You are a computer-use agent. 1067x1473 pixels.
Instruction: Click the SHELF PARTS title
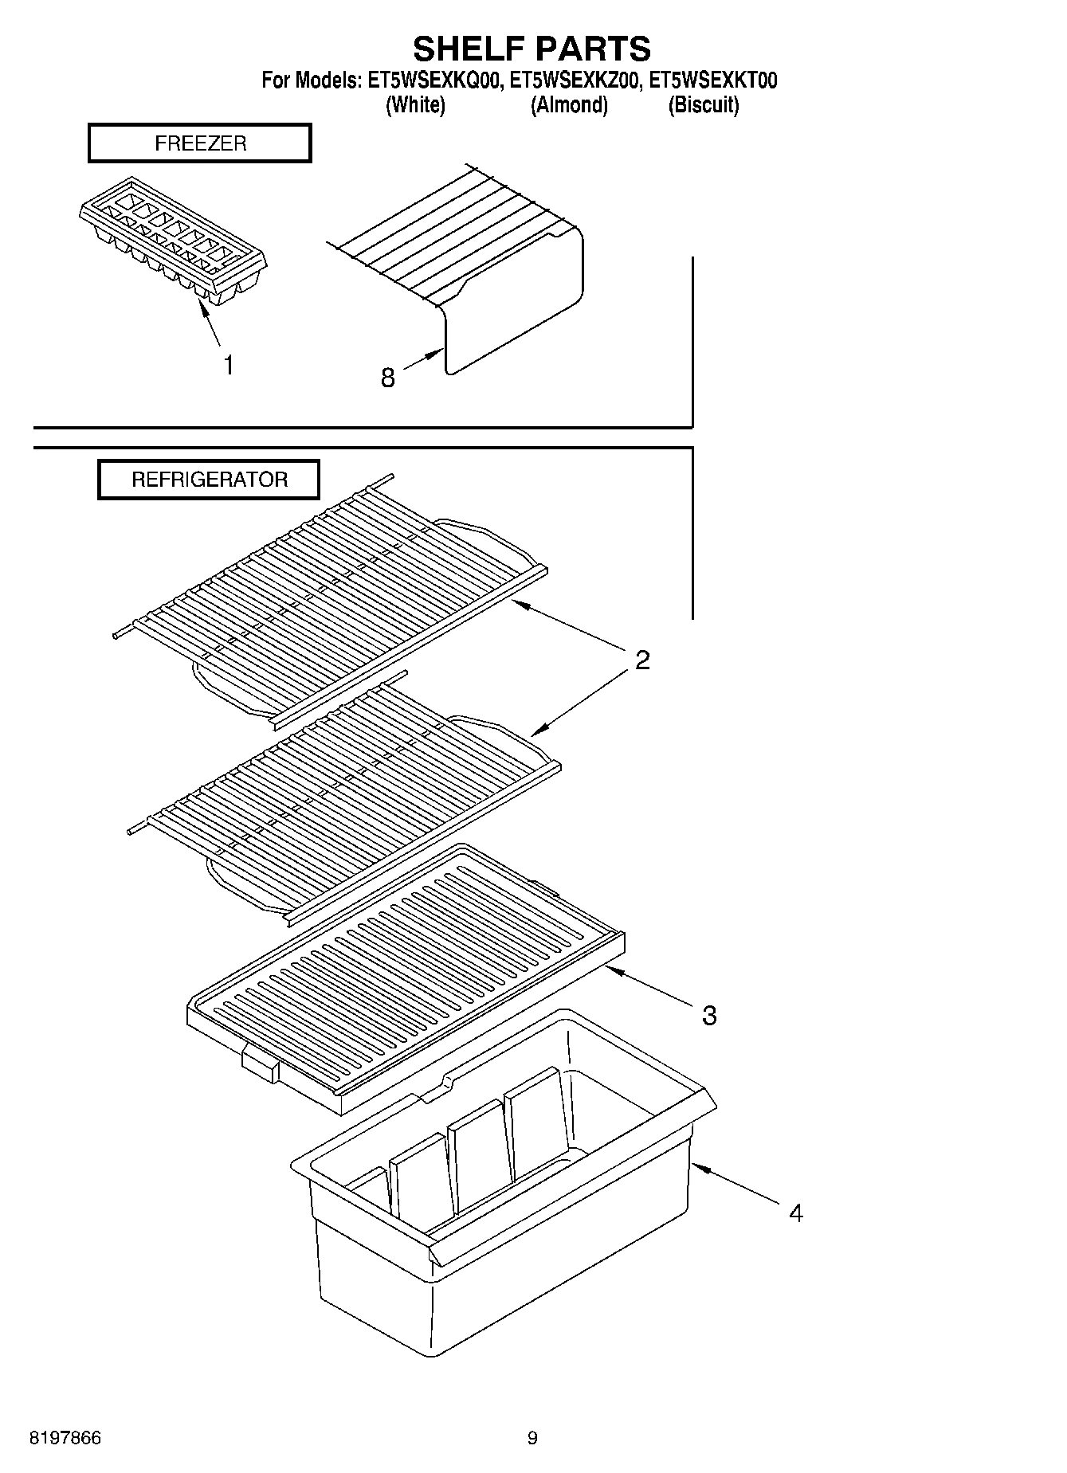532,49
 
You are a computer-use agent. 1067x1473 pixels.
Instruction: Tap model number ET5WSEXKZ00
574,80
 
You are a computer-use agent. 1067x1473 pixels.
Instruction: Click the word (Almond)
569,105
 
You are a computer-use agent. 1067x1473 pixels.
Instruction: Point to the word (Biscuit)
703,105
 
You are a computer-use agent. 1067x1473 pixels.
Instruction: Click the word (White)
415,105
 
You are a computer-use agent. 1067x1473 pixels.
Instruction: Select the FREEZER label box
199,143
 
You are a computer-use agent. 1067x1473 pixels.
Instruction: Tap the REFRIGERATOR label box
209,480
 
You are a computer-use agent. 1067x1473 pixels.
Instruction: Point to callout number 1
229,366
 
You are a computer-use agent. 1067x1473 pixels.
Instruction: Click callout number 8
387,378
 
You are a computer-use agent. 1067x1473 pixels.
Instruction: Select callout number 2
642,660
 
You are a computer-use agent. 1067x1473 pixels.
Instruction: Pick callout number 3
708,1015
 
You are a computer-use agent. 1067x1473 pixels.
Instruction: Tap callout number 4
795,1213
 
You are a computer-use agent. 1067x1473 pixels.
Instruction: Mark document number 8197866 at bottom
65,1438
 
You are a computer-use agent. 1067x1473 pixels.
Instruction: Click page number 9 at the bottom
532,1438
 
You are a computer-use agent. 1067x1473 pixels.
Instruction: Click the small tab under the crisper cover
260,1064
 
